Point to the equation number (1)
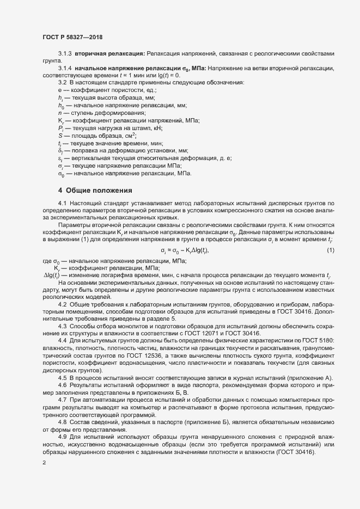click(x=330, y=235)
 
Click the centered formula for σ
click(x=185, y=235)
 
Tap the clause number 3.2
click(x=63, y=82)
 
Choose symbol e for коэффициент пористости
click(x=59, y=89)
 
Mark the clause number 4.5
click(x=63, y=378)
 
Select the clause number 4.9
click(x=63, y=436)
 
